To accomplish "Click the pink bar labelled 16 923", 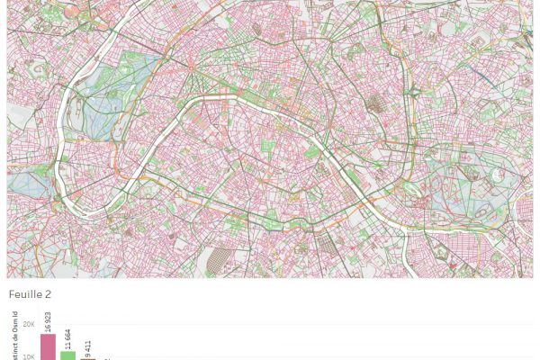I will pos(48,346).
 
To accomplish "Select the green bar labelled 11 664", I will pos(68,355).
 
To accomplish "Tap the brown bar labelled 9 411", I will pos(88,358).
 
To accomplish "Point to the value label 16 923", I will pos(48,321).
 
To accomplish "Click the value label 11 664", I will pos(68,339).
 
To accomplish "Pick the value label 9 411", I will pos(88,346).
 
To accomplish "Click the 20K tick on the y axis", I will pos(29,324).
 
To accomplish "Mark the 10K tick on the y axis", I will pos(29,356).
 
